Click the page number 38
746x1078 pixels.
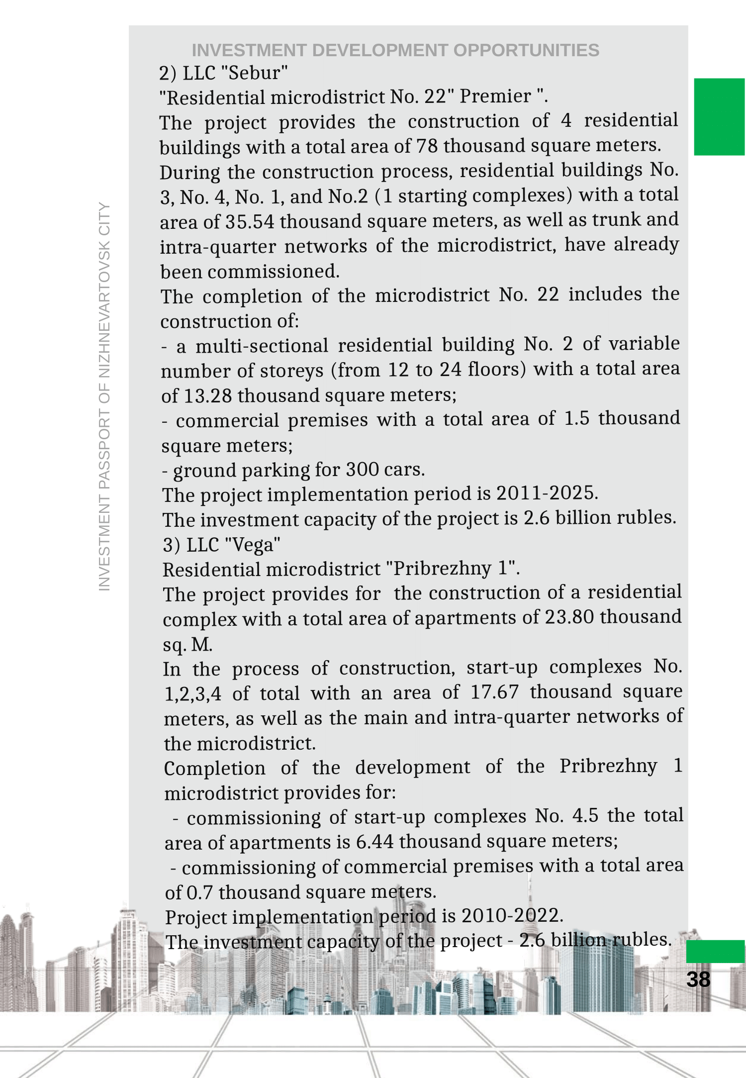[698, 980]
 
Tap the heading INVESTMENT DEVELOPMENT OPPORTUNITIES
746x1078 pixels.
[395, 50]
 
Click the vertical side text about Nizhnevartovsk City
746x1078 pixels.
[104, 396]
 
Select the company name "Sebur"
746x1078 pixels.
[257, 73]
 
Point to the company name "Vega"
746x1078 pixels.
[253, 545]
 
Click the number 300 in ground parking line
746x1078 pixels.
[363, 469]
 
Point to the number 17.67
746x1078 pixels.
[494, 692]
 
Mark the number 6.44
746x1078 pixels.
[375, 841]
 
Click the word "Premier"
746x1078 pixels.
[495, 97]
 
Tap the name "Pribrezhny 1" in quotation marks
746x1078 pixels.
[452, 569]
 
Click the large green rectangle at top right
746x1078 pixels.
[719, 117]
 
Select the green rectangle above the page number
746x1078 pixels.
[715, 951]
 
